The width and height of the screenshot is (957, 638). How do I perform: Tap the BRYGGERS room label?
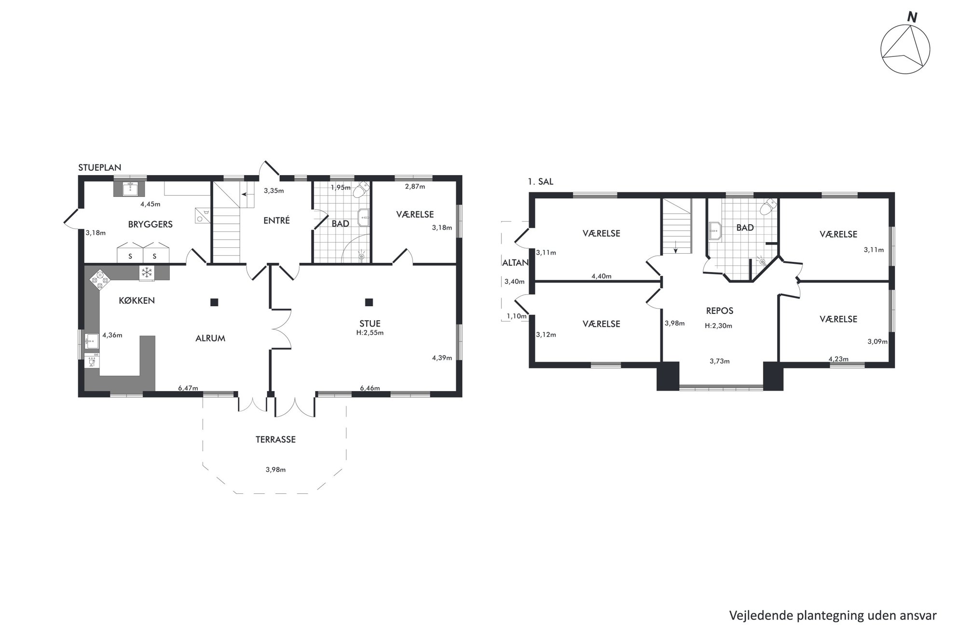pyautogui.click(x=150, y=224)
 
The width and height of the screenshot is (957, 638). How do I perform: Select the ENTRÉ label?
pyautogui.click(x=276, y=220)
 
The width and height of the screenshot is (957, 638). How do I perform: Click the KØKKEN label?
pyautogui.click(x=137, y=300)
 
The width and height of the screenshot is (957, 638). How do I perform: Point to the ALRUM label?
pyautogui.click(x=210, y=339)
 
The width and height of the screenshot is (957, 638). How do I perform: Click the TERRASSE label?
pyautogui.click(x=275, y=440)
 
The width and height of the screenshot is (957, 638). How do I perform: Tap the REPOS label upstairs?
pyautogui.click(x=720, y=311)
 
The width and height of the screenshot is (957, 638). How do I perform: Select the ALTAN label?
pyautogui.click(x=515, y=263)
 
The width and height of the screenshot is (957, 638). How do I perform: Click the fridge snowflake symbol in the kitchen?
pyautogui.click(x=147, y=272)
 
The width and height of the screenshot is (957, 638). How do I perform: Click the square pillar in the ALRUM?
pyautogui.click(x=214, y=302)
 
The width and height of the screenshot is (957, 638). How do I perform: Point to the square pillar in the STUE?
pyautogui.click(x=369, y=302)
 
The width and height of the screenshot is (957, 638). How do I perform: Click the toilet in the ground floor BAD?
pyautogui.click(x=359, y=191)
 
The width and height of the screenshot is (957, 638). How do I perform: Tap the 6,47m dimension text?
pyautogui.click(x=188, y=388)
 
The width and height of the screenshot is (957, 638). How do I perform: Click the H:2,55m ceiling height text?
pyautogui.click(x=370, y=333)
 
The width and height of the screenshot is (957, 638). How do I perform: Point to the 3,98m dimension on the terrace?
pyautogui.click(x=275, y=470)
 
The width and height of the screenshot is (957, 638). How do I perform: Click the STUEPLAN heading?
pyautogui.click(x=100, y=168)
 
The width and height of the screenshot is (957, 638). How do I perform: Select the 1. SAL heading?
pyautogui.click(x=541, y=182)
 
